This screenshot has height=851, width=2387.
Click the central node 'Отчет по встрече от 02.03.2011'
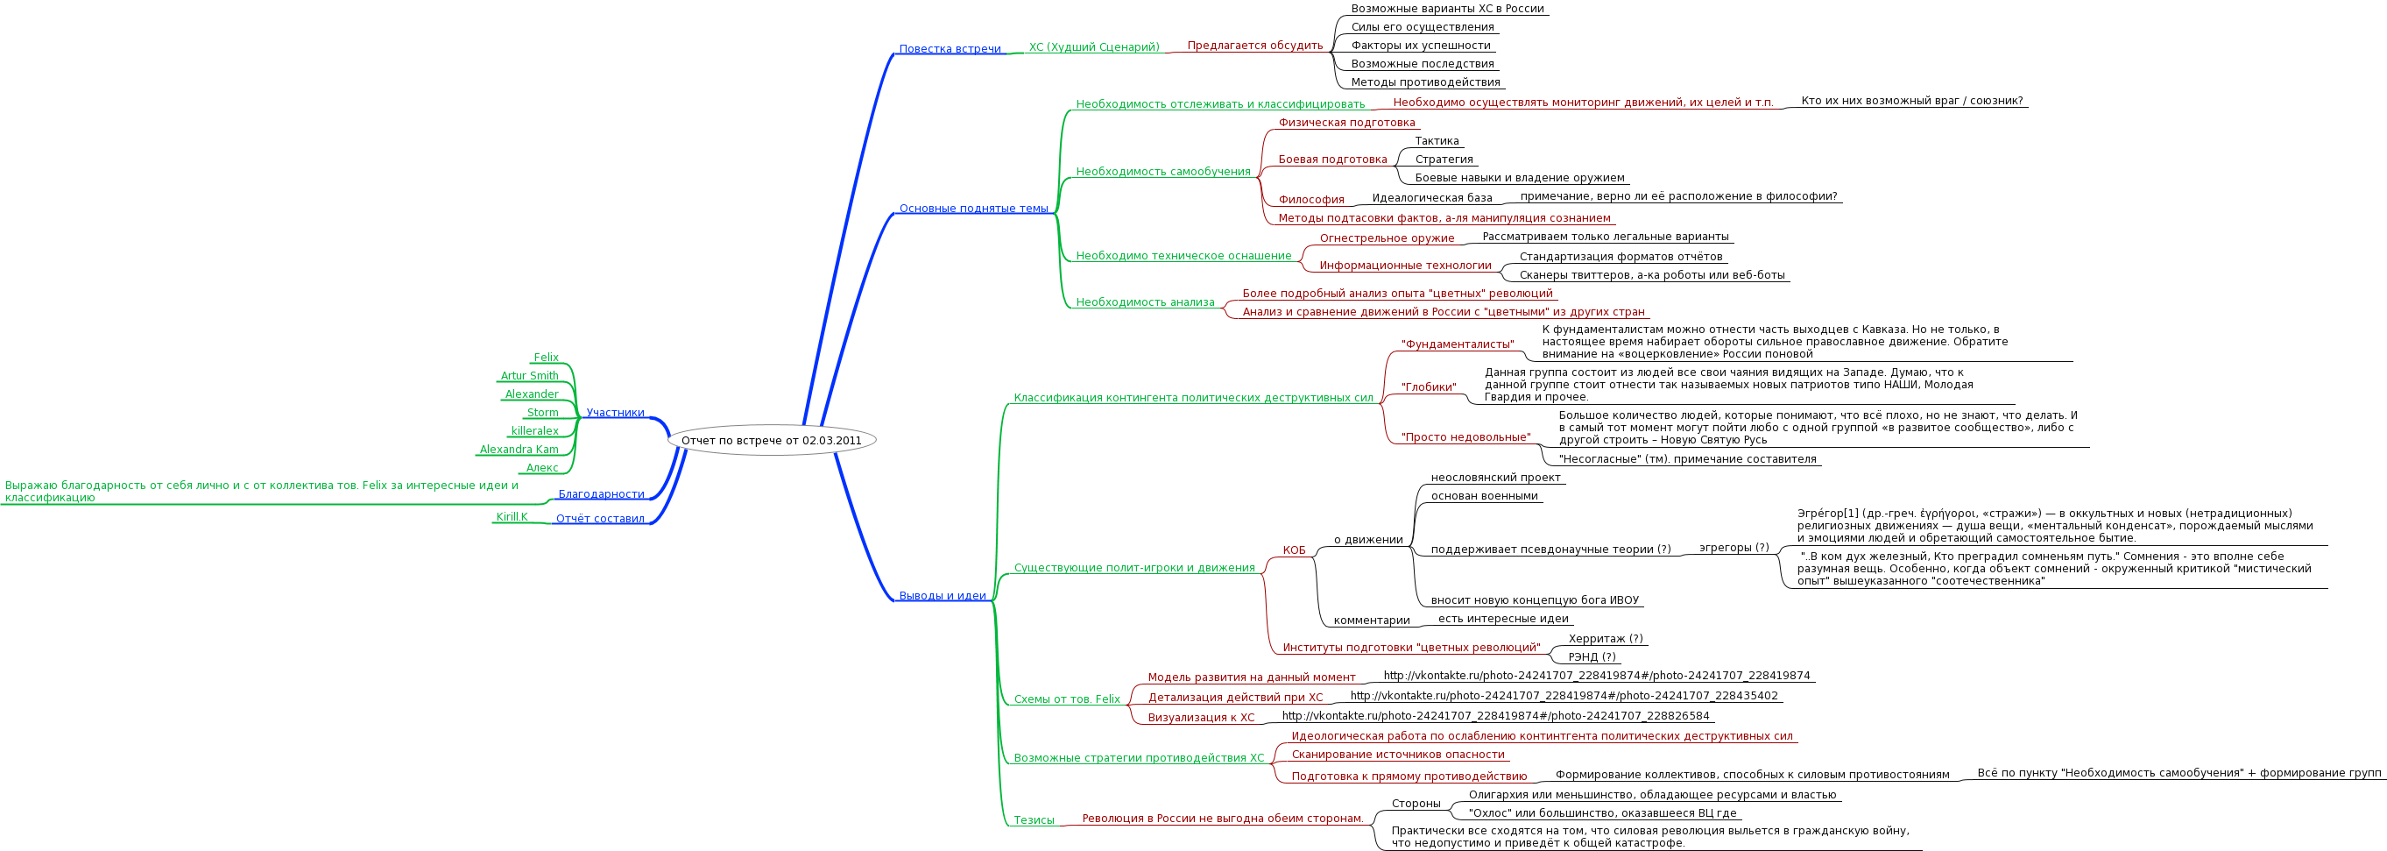click(x=771, y=440)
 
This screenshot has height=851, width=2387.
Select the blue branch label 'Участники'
click(x=614, y=413)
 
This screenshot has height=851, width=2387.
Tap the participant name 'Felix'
click(x=546, y=358)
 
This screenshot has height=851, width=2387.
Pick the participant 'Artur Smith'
click(x=529, y=376)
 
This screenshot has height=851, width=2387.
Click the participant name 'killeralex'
click(x=534, y=431)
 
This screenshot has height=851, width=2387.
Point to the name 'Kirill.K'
click(x=512, y=517)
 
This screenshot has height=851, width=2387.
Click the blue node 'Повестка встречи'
click(x=950, y=49)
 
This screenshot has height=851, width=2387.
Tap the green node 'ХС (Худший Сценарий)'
click(x=1093, y=47)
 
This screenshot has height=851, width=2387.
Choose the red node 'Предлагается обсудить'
click(x=1254, y=46)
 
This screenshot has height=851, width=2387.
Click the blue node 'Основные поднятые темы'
click(x=973, y=209)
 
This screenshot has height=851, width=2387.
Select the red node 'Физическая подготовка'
click(x=1346, y=123)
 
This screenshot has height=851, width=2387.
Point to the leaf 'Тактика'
click(x=1437, y=141)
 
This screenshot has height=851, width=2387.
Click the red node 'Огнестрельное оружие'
click(x=1387, y=238)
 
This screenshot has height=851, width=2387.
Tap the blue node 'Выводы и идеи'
click(x=943, y=596)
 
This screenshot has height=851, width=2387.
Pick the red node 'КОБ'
click(x=1294, y=550)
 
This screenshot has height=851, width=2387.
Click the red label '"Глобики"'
click(x=1428, y=387)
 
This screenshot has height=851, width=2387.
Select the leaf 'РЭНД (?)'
click(x=1592, y=657)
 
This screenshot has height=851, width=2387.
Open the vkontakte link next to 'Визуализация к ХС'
click(x=1495, y=716)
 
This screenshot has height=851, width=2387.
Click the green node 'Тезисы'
click(x=1033, y=820)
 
